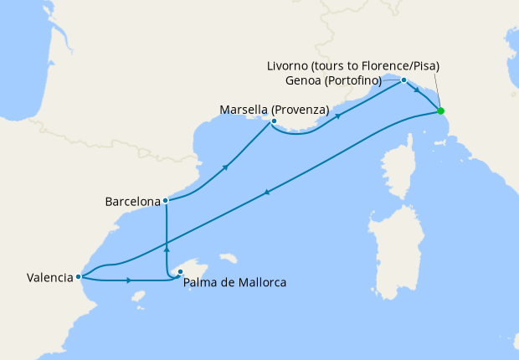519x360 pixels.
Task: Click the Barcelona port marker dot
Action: pyautogui.click(x=166, y=201)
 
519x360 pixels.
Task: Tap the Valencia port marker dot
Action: pyautogui.click(x=78, y=276)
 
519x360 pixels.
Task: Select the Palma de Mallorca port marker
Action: pyautogui.click(x=179, y=272)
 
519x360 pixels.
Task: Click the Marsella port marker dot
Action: pyautogui.click(x=274, y=121)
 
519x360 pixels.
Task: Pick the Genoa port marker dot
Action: pyautogui.click(x=403, y=80)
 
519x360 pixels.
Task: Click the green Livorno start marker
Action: pyautogui.click(x=440, y=111)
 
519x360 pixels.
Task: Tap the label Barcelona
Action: pyautogui.click(x=132, y=202)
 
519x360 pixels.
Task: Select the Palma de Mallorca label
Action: pyautogui.click(x=234, y=282)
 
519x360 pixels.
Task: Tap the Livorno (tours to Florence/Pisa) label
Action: pyautogui.click(x=352, y=65)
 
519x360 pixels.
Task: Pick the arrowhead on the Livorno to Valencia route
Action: pyautogui.click(x=267, y=193)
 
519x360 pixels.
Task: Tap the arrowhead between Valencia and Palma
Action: pyautogui.click(x=129, y=280)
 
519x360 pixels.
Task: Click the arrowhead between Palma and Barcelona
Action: pyautogui.click(x=167, y=249)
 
